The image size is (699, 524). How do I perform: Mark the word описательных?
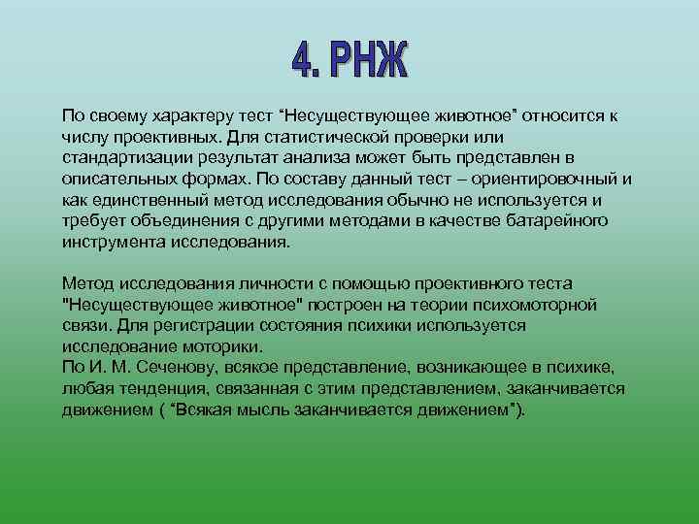(x=120, y=180)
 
